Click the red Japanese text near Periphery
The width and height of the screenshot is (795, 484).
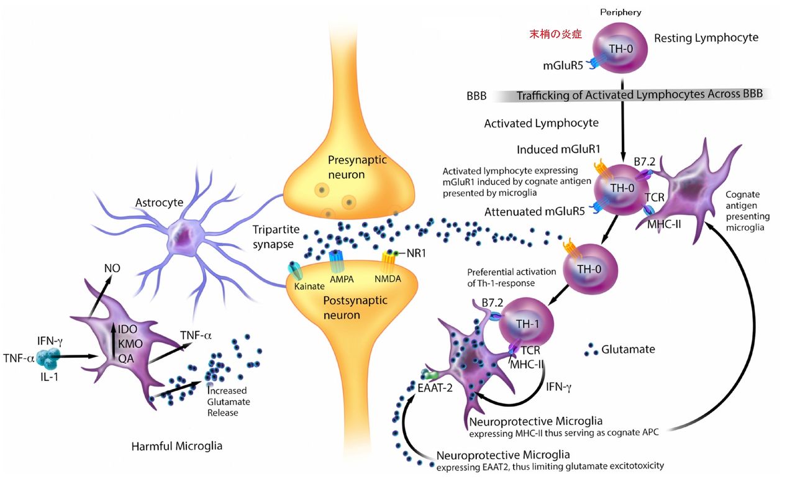tap(555, 35)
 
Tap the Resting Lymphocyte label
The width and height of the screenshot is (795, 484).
tap(706, 38)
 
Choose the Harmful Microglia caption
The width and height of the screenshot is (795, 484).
tap(177, 445)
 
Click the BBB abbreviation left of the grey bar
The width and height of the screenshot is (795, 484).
tap(476, 96)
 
